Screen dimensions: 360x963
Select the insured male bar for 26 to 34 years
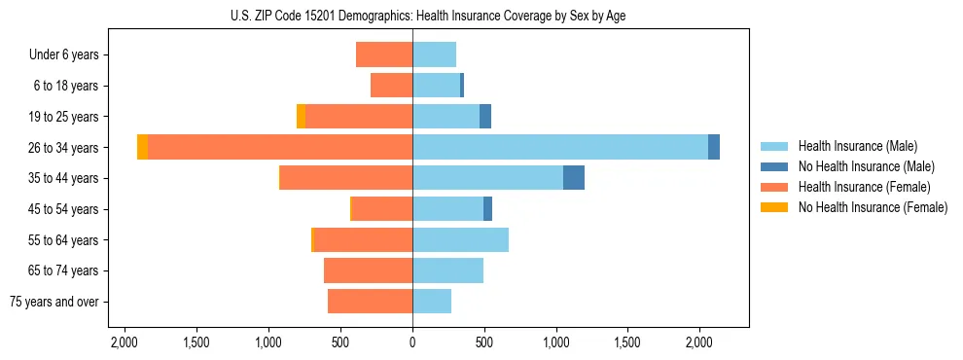pyautogui.click(x=560, y=147)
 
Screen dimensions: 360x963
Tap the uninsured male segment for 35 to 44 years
pyautogui.click(x=574, y=178)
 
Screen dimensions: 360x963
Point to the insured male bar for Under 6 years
pyautogui.click(x=434, y=54)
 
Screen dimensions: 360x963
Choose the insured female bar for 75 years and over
pyautogui.click(x=370, y=302)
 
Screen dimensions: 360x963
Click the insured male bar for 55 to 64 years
pyautogui.click(x=460, y=239)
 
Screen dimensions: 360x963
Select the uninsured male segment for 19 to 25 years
pyautogui.click(x=485, y=116)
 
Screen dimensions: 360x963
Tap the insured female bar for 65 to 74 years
pyautogui.click(x=368, y=270)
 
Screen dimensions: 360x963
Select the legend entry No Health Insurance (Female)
pyautogui.click(x=873, y=207)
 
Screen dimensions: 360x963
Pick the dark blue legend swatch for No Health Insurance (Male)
pyautogui.click(x=774, y=166)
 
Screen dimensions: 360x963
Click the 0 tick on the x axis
pyautogui.click(x=412, y=342)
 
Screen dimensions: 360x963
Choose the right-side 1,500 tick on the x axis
pyautogui.click(x=627, y=342)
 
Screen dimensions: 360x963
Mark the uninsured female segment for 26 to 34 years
pyautogui.click(x=143, y=147)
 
